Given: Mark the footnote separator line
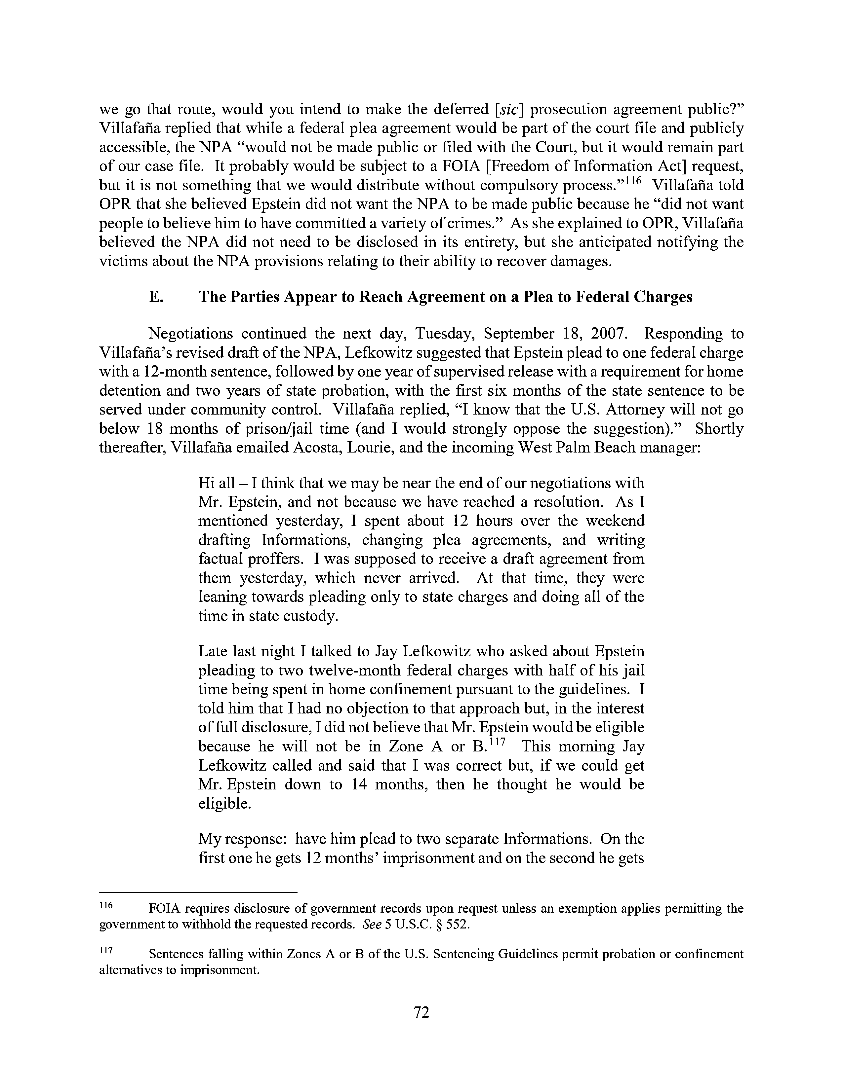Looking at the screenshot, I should [x=198, y=891].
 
